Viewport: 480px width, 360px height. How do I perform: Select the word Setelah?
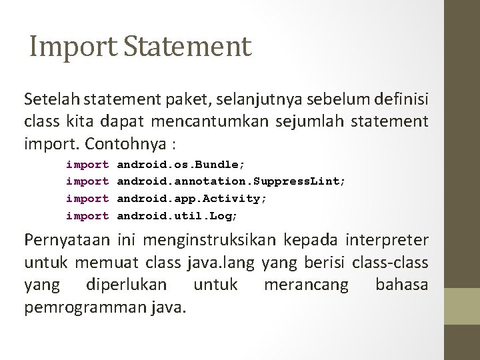click(49, 101)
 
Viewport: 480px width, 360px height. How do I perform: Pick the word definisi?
click(399, 101)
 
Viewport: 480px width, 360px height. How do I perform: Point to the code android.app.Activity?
click(192, 199)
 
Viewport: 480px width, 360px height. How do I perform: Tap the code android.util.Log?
click(177, 216)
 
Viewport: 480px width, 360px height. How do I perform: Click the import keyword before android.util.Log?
click(87, 216)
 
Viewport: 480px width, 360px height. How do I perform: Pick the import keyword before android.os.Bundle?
click(87, 164)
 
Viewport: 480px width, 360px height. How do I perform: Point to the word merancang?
click(306, 286)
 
